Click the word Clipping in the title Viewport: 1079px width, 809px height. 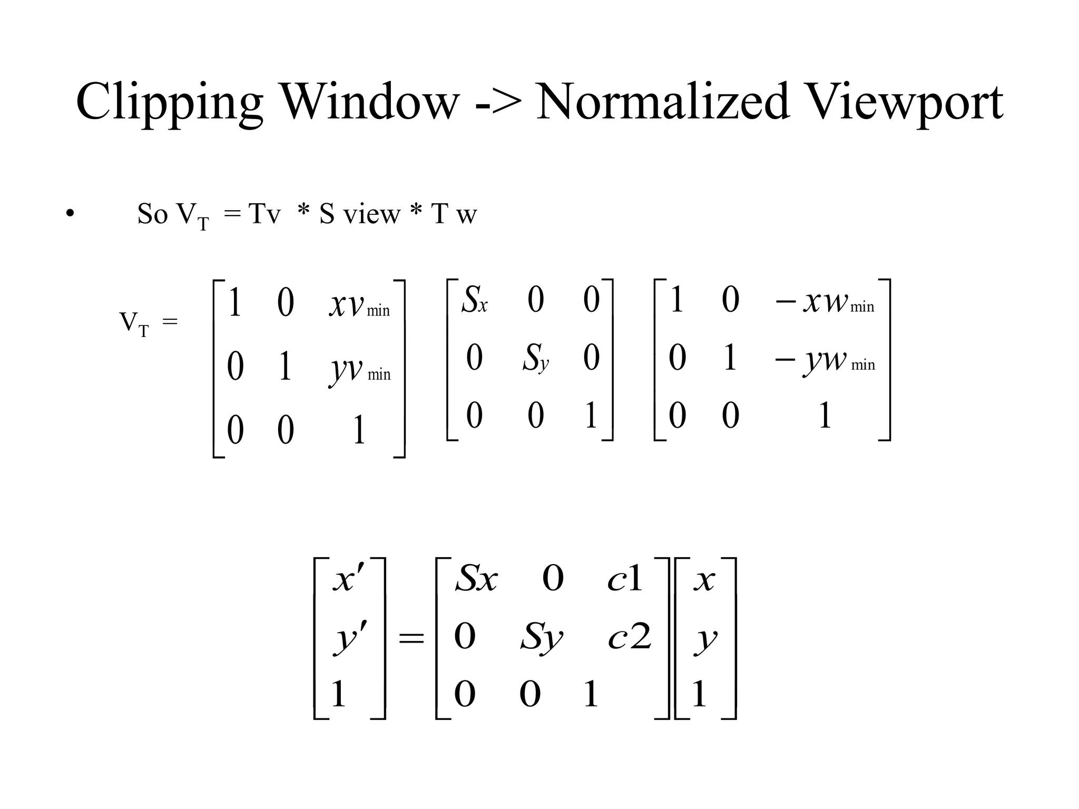(169, 103)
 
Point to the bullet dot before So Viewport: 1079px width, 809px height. (70, 213)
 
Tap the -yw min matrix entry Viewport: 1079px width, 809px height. (825, 360)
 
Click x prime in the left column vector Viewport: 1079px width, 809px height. (348, 579)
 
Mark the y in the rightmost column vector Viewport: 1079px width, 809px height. (705, 638)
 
